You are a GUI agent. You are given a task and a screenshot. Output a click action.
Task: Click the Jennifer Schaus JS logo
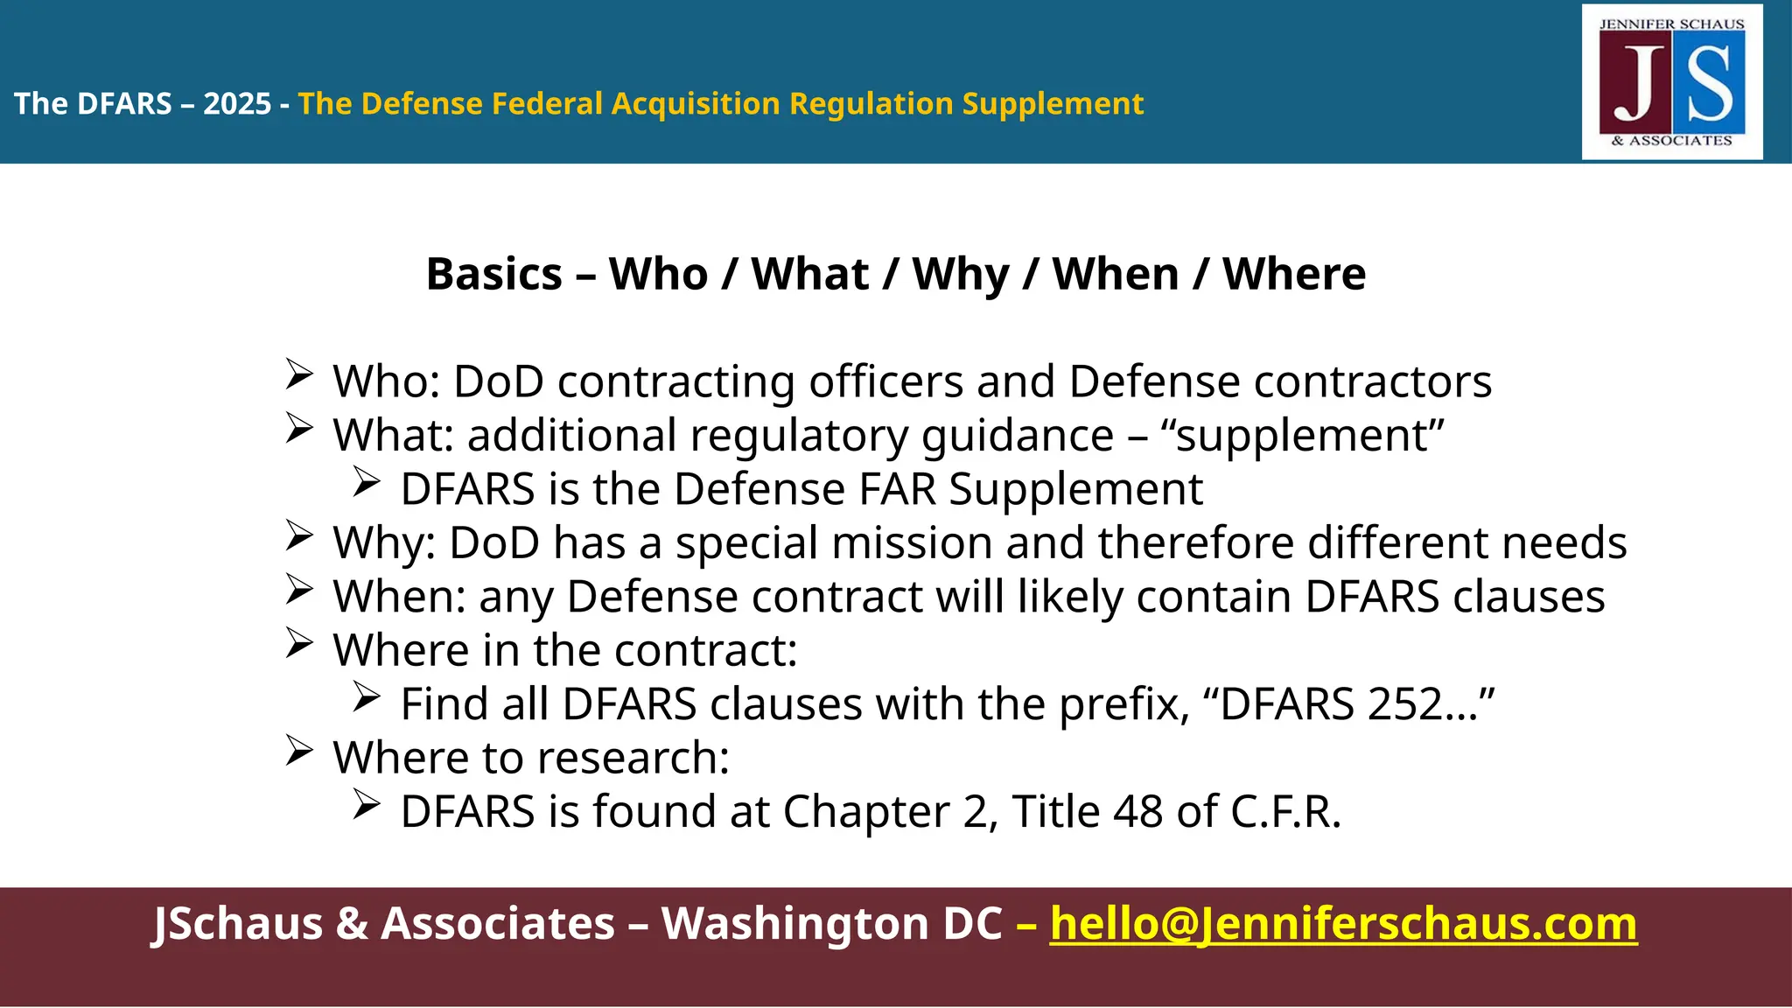point(1672,82)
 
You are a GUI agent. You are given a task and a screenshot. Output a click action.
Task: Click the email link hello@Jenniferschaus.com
point(1343,924)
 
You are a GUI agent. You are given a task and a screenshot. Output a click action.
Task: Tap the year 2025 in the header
point(237,104)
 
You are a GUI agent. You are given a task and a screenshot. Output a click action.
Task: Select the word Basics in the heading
point(493,275)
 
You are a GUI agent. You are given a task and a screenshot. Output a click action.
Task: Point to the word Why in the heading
point(961,275)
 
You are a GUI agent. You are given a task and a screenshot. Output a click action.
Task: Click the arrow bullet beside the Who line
point(299,375)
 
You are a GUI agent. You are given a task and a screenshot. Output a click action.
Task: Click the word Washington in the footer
point(831,924)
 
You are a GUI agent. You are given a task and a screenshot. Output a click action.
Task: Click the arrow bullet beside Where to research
point(299,752)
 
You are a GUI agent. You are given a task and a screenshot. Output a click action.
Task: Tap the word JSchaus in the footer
point(237,924)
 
